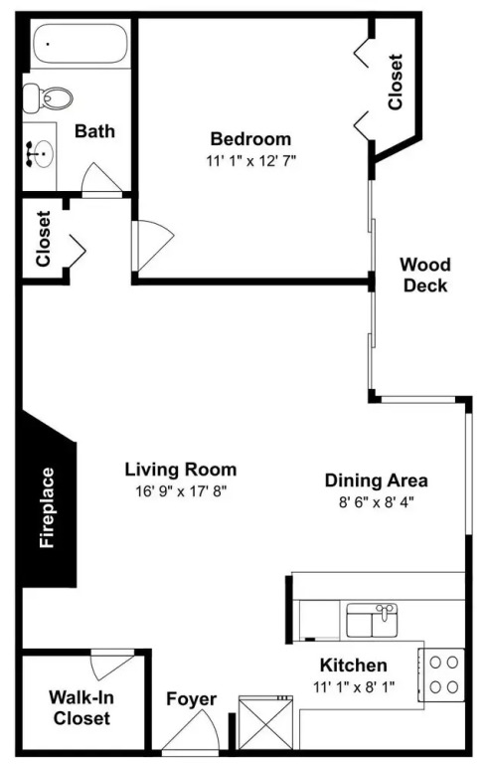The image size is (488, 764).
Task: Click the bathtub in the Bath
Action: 81,44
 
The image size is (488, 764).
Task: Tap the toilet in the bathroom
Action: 48,96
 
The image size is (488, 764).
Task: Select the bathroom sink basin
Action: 43,154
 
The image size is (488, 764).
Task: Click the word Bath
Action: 94,131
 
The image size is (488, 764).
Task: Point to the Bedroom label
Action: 250,139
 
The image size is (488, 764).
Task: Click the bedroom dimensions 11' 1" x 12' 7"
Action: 251,161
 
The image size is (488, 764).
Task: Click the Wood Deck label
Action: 425,275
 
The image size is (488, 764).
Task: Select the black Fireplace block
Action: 49,498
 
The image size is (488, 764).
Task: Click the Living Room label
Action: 181,470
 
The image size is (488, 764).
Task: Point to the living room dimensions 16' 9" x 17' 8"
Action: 181,491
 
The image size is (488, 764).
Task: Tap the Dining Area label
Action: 376,480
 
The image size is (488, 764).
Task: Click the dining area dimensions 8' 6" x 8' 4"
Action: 376,501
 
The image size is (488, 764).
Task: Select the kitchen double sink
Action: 372,620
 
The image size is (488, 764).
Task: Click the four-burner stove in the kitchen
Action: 441,674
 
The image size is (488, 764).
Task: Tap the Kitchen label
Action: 354,666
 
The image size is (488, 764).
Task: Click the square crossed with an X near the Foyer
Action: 265,722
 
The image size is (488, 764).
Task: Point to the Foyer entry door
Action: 191,732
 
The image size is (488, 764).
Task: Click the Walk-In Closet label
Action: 81,707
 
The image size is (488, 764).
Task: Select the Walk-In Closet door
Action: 112,664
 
